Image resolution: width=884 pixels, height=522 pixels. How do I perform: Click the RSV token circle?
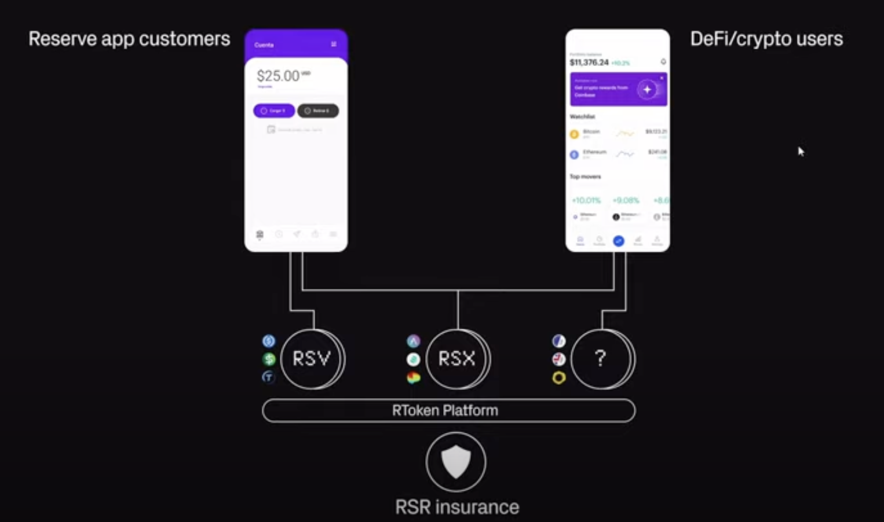click(x=311, y=359)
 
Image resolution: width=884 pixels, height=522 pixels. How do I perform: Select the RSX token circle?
click(x=456, y=359)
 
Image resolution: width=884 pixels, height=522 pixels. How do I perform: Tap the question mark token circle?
click(x=601, y=359)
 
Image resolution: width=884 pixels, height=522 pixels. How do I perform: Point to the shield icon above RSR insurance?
click(x=456, y=461)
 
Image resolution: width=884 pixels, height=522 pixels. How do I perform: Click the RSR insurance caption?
click(x=457, y=507)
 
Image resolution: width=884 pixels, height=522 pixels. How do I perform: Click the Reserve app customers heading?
click(x=129, y=39)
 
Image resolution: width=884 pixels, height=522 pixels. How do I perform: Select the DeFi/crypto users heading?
click(x=766, y=39)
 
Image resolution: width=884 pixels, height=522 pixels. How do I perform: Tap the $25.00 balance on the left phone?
click(x=279, y=76)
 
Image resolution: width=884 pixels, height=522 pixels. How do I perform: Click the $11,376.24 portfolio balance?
click(x=589, y=63)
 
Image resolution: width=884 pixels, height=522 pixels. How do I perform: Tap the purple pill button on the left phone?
click(x=274, y=111)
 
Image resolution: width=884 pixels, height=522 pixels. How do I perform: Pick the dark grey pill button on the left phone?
click(x=318, y=111)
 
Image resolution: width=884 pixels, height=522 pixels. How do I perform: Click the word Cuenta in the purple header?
click(x=264, y=45)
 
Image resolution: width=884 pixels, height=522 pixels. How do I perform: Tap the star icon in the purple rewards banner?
click(x=647, y=89)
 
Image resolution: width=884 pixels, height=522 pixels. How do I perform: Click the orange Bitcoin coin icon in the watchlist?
click(x=574, y=134)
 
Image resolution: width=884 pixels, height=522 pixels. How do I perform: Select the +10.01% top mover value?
click(x=586, y=200)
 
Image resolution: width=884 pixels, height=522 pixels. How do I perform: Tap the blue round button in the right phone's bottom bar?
click(x=619, y=241)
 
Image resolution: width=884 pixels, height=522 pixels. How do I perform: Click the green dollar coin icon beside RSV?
click(x=269, y=359)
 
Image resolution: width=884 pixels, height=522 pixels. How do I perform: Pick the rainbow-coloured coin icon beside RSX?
click(x=413, y=378)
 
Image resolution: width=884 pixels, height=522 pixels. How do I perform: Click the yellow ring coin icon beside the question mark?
click(x=559, y=378)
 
